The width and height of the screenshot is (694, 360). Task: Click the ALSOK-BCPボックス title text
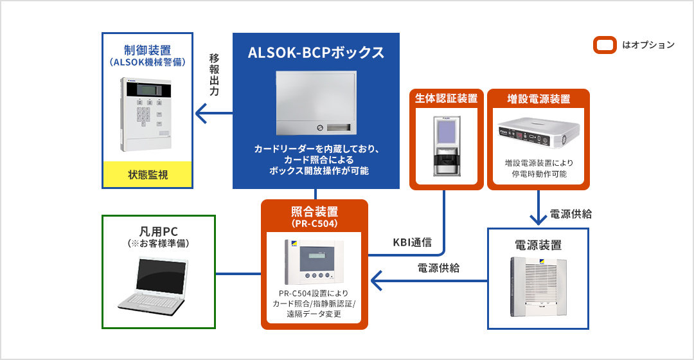(x=316, y=53)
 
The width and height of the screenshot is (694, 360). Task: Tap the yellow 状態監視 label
(x=148, y=174)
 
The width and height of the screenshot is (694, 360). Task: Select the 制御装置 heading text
(x=148, y=50)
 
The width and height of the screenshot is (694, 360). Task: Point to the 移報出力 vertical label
(x=215, y=75)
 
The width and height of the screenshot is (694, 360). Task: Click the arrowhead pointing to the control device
(x=201, y=115)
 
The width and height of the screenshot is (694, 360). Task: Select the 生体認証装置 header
(x=446, y=98)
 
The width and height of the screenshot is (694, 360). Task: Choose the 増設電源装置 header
(x=538, y=98)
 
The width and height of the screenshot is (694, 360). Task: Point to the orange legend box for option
(x=603, y=45)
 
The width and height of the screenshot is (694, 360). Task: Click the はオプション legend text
(x=648, y=45)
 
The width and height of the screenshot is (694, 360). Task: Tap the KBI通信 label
(x=412, y=243)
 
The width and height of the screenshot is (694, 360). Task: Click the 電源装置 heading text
(x=538, y=245)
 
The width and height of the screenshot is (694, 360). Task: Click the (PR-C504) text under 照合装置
(x=315, y=223)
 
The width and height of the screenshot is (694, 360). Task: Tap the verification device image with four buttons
(x=315, y=262)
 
